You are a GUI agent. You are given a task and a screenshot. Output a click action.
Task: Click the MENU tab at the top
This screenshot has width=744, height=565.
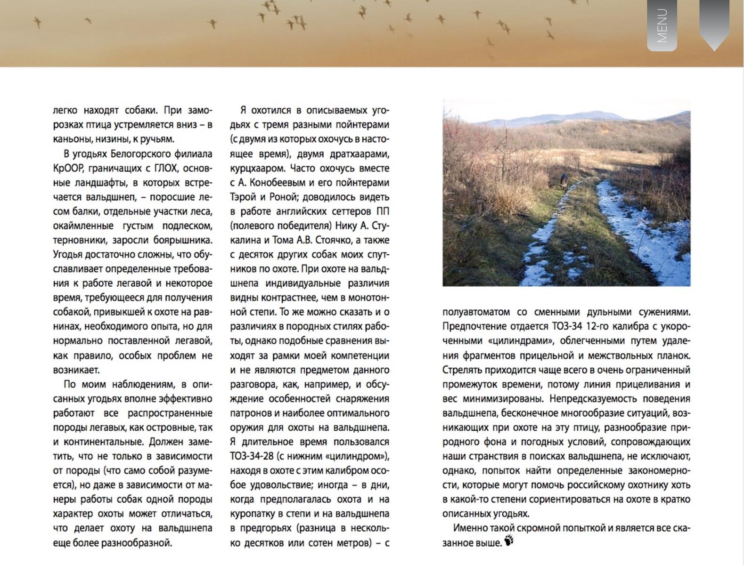point(662,25)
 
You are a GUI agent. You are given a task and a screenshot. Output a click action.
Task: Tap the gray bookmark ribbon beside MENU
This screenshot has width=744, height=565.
point(714,24)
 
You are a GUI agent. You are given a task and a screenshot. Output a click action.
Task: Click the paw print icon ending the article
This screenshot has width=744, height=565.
point(509,541)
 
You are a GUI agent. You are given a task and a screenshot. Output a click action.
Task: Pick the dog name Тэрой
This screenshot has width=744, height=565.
point(244,197)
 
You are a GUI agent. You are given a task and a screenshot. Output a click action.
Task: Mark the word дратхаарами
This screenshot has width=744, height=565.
point(360,154)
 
